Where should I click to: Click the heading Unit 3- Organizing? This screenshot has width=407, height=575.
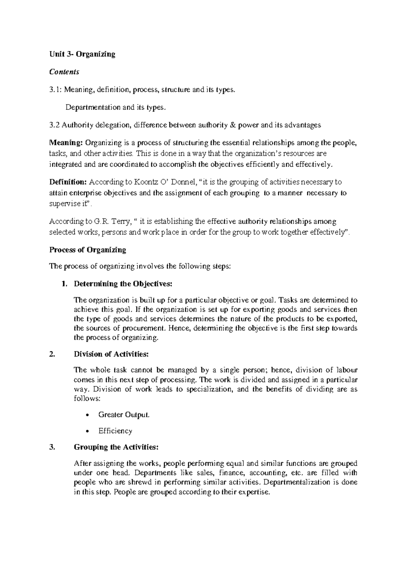click(x=82, y=54)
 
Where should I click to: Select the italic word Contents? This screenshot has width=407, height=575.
click(x=64, y=72)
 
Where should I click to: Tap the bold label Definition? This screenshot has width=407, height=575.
click(x=68, y=182)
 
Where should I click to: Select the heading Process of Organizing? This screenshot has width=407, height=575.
click(x=88, y=250)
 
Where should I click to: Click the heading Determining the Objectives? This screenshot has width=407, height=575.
click(x=123, y=284)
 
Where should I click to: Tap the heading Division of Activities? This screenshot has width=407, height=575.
click(x=111, y=354)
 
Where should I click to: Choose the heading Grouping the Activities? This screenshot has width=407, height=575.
click(x=116, y=447)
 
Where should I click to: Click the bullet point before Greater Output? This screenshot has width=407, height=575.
click(x=88, y=415)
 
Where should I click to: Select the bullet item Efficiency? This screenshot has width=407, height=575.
click(x=115, y=431)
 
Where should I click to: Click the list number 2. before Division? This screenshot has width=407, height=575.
click(x=52, y=354)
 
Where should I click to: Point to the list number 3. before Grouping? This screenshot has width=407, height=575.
click(x=52, y=447)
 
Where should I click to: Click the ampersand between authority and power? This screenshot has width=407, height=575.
click(x=232, y=125)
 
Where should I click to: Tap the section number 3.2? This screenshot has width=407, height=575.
click(x=54, y=125)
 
